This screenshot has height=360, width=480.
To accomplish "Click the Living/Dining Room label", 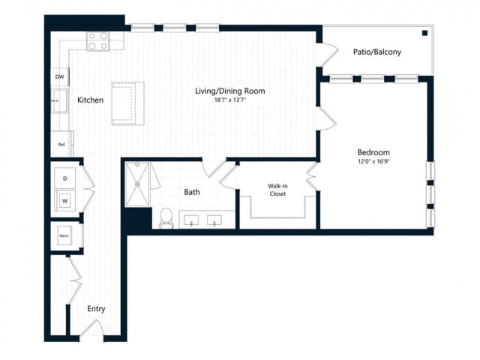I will [x=230, y=91].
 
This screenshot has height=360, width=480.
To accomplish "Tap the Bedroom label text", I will [x=373, y=151].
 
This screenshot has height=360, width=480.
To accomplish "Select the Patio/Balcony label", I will [x=376, y=52].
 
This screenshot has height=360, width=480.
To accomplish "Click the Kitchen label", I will [x=90, y=100].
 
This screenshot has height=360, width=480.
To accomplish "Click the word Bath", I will [x=192, y=192].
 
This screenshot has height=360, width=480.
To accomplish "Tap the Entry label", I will [x=96, y=308].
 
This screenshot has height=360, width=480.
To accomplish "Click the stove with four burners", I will [x=97, y=41].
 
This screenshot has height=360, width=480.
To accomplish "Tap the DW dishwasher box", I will [x=59, y=76].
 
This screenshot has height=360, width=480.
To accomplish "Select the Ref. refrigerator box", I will [x=59, y=144].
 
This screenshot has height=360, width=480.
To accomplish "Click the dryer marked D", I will [x=65, y=178].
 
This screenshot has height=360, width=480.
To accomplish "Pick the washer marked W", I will [x=65, y=200].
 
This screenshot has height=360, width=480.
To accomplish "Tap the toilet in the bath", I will [x=166, y=217].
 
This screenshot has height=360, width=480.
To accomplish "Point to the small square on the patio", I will [x=424, y=33].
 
